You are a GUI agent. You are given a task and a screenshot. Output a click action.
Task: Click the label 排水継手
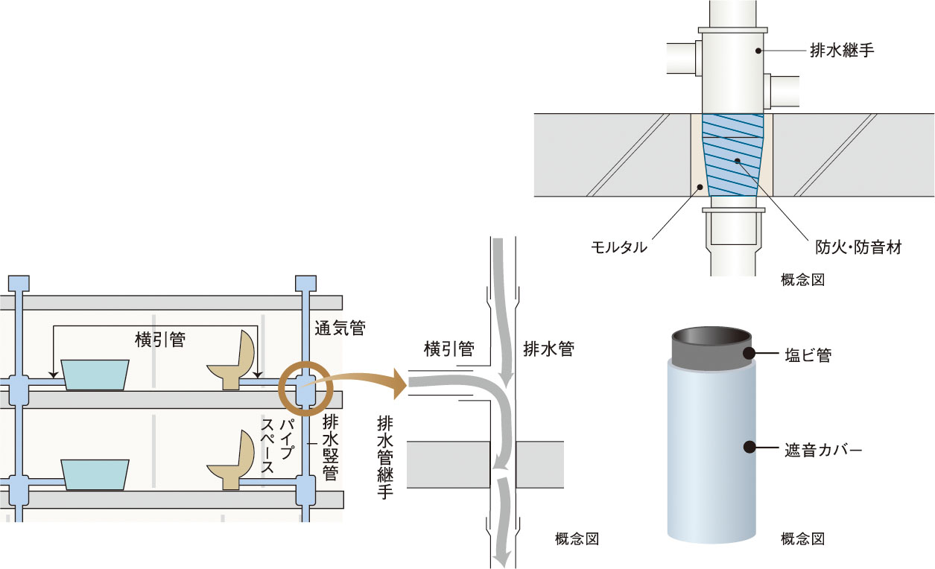pyautogui.click(x=841, y=51)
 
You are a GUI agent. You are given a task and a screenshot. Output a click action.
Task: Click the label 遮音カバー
pyautogui.click(x=823, y=450)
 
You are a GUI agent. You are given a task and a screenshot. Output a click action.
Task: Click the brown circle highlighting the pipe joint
pyautogui.click(x=302, y=384)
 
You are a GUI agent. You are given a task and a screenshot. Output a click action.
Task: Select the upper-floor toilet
pyautogui.click(x=233, y=362)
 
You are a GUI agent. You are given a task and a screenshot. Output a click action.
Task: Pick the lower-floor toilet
pyautogui.click(x=232, y=462)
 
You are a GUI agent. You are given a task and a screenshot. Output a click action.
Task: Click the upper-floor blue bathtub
pyautogui.click(x=95, y=374)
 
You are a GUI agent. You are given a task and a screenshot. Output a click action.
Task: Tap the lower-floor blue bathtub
pyautogui.click(x=95, y=474)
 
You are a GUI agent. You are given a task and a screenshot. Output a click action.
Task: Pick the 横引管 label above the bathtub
pyautogui.click(x=159, y=340)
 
